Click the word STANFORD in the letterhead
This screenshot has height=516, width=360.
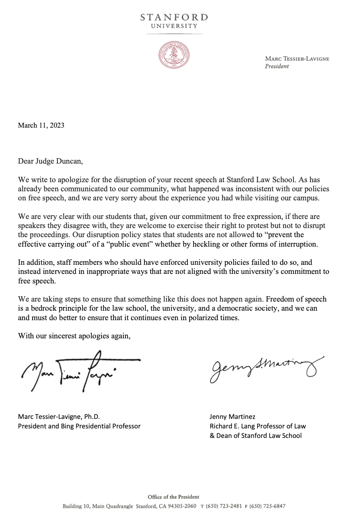point(174,17)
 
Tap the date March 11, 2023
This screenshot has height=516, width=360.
point(41,126)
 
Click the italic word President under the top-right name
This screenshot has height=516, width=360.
point(277,66)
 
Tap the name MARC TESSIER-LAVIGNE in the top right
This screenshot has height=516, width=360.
point(297,59)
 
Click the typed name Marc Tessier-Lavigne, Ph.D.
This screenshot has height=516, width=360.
point(59,417)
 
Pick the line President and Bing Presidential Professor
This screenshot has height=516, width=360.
point(79,426)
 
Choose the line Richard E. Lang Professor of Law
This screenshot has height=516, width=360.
point(258,426)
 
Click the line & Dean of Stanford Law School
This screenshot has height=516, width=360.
point(256,435)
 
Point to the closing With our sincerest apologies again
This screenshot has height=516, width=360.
point(74,335)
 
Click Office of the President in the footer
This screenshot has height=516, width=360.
point(173,497)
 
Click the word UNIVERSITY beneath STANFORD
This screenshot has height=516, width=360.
point(174,26)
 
